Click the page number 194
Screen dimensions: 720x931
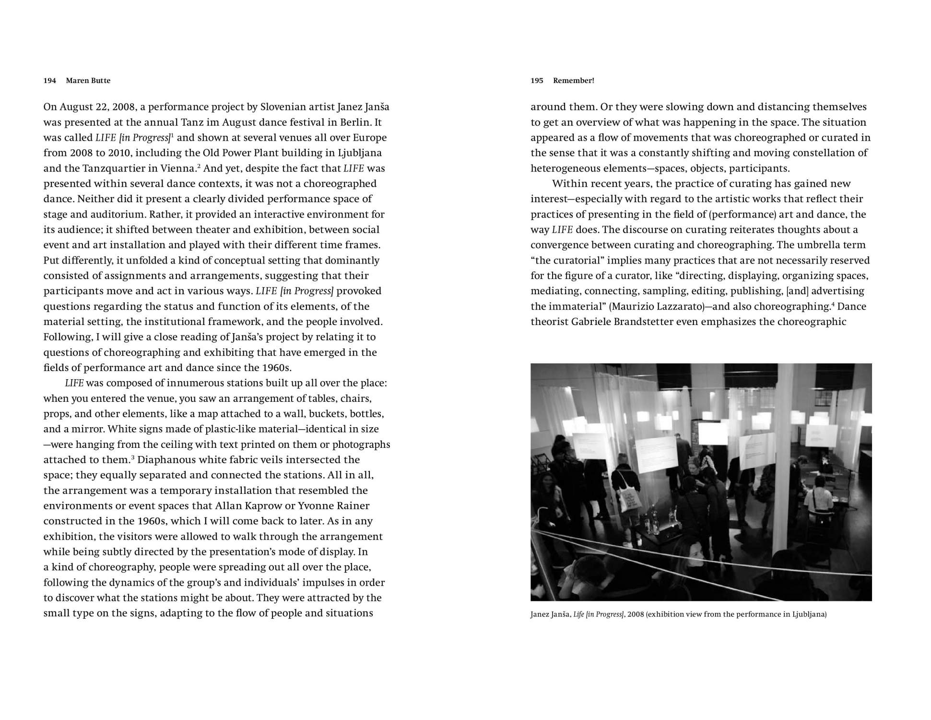pyautogui.click(x=49, y=81)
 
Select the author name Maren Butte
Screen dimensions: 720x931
pyautogui.click(x=88, y=81)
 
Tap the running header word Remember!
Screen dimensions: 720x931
pyautogui.click(x=573, y=81)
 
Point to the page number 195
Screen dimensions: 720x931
pyautogui.click(x=537, y=81)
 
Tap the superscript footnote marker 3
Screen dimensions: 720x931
pyautogui.click(x=132, y=457)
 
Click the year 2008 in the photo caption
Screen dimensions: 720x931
pyautogui.click(x=635, y=614)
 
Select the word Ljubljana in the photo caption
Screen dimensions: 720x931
pyautogui.click(x=809, y=614)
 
